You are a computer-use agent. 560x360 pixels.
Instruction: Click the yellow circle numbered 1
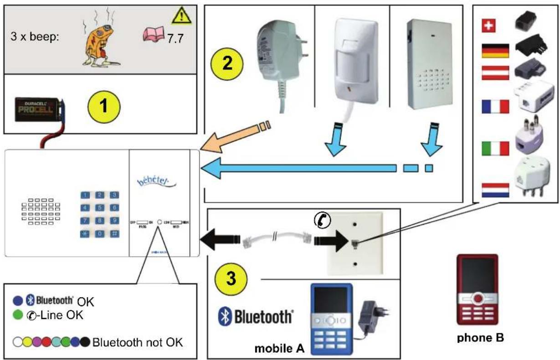click(x=104, y=107)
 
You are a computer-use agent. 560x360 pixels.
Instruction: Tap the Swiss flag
click(x=489, y=27)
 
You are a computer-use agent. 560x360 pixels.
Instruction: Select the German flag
click(x=495, y=51)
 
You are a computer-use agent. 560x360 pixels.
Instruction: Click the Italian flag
click(x=495, y=148)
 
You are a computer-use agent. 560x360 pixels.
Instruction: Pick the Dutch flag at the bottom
click(x=495, y=190)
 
